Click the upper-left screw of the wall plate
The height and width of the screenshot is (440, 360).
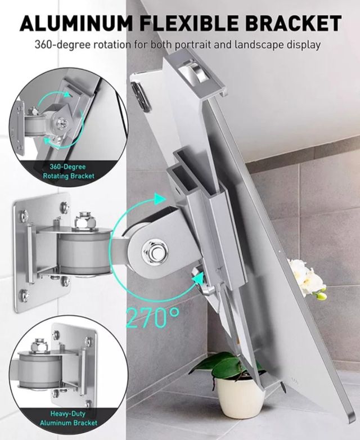tap(24, 214)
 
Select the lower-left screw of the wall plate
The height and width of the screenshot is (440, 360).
tap(24, 293)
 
